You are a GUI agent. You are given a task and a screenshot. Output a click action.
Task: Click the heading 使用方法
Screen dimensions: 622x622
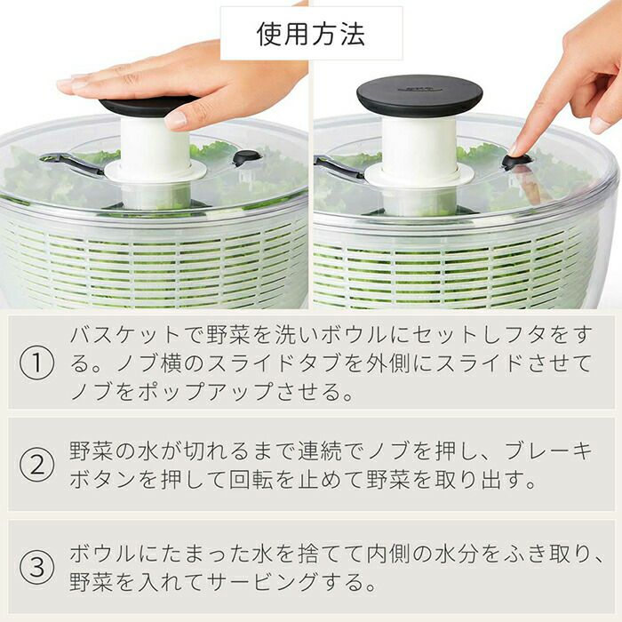pyautogui.click(x=311, y=34)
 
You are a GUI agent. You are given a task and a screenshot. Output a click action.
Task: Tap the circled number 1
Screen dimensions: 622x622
pyautogui.click(x=37, y=363)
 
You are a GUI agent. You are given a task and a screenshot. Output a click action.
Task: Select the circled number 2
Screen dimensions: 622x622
pyautogui.click(x=37, y=465)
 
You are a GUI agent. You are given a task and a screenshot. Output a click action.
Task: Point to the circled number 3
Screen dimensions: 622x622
pyautogui.click(x=37, y=567)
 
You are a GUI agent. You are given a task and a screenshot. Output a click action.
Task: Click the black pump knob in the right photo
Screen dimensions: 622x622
pyautogui.click(x=419, y=95)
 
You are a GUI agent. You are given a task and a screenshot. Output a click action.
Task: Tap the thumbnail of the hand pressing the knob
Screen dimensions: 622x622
pyautogui.click(x=176, y=119)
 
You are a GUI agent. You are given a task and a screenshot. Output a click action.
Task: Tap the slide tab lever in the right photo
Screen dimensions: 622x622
pyautogui.click(x=339, y=167)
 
